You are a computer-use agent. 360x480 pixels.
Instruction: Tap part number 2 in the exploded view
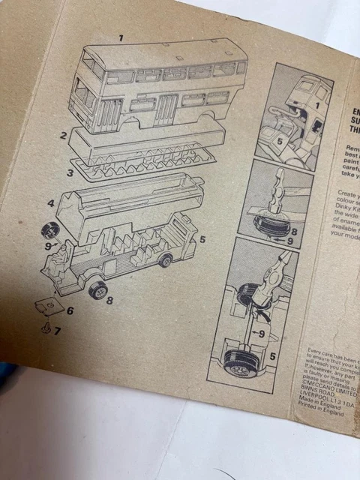[65, 136]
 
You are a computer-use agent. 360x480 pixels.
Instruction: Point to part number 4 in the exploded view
[50, 203]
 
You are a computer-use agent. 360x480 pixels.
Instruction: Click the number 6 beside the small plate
[70, 310]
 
